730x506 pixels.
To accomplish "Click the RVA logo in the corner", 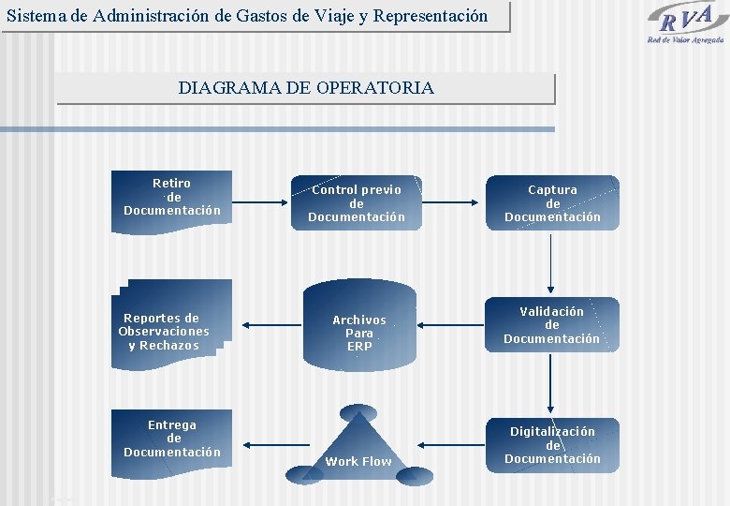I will tap(686, 22).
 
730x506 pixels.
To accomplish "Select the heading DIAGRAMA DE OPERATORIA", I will tap(306, 88).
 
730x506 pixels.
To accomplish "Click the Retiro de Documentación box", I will tap(172, 197).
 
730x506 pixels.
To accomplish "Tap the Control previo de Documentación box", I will tap(357, 203).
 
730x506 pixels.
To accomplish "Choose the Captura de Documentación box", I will tap(552, 203).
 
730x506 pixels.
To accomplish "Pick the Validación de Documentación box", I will tap(552, 325).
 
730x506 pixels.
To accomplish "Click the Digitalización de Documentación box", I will tap(552, 445).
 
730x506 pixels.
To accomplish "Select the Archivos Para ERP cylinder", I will tap(359, 333).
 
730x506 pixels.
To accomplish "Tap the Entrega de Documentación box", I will tap(172, 439).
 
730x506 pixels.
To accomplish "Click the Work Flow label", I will tap(358, 461).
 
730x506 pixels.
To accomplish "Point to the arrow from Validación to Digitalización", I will tap(552, 384).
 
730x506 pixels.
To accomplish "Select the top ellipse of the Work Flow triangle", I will tap(358, 412).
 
